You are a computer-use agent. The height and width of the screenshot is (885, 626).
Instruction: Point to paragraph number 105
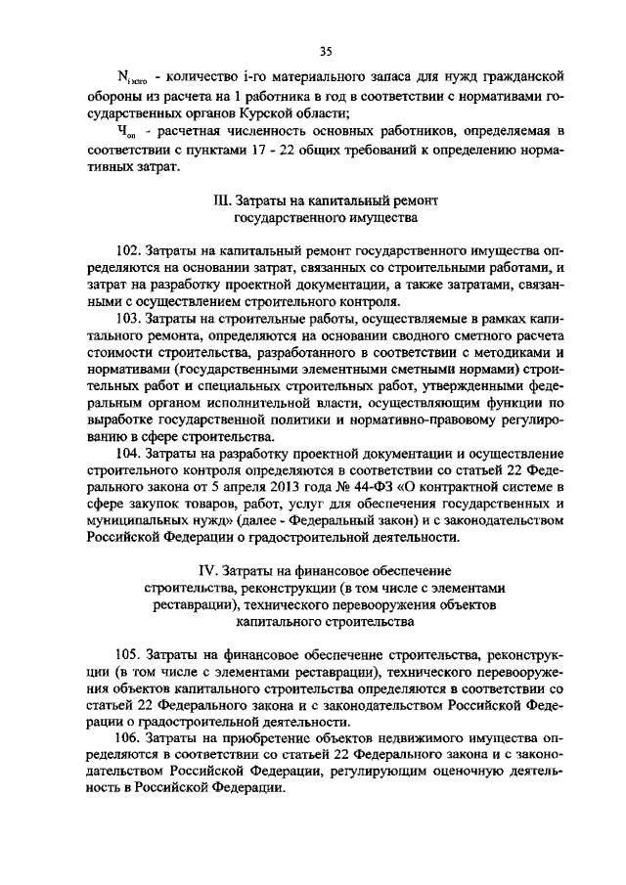(129, 653)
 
